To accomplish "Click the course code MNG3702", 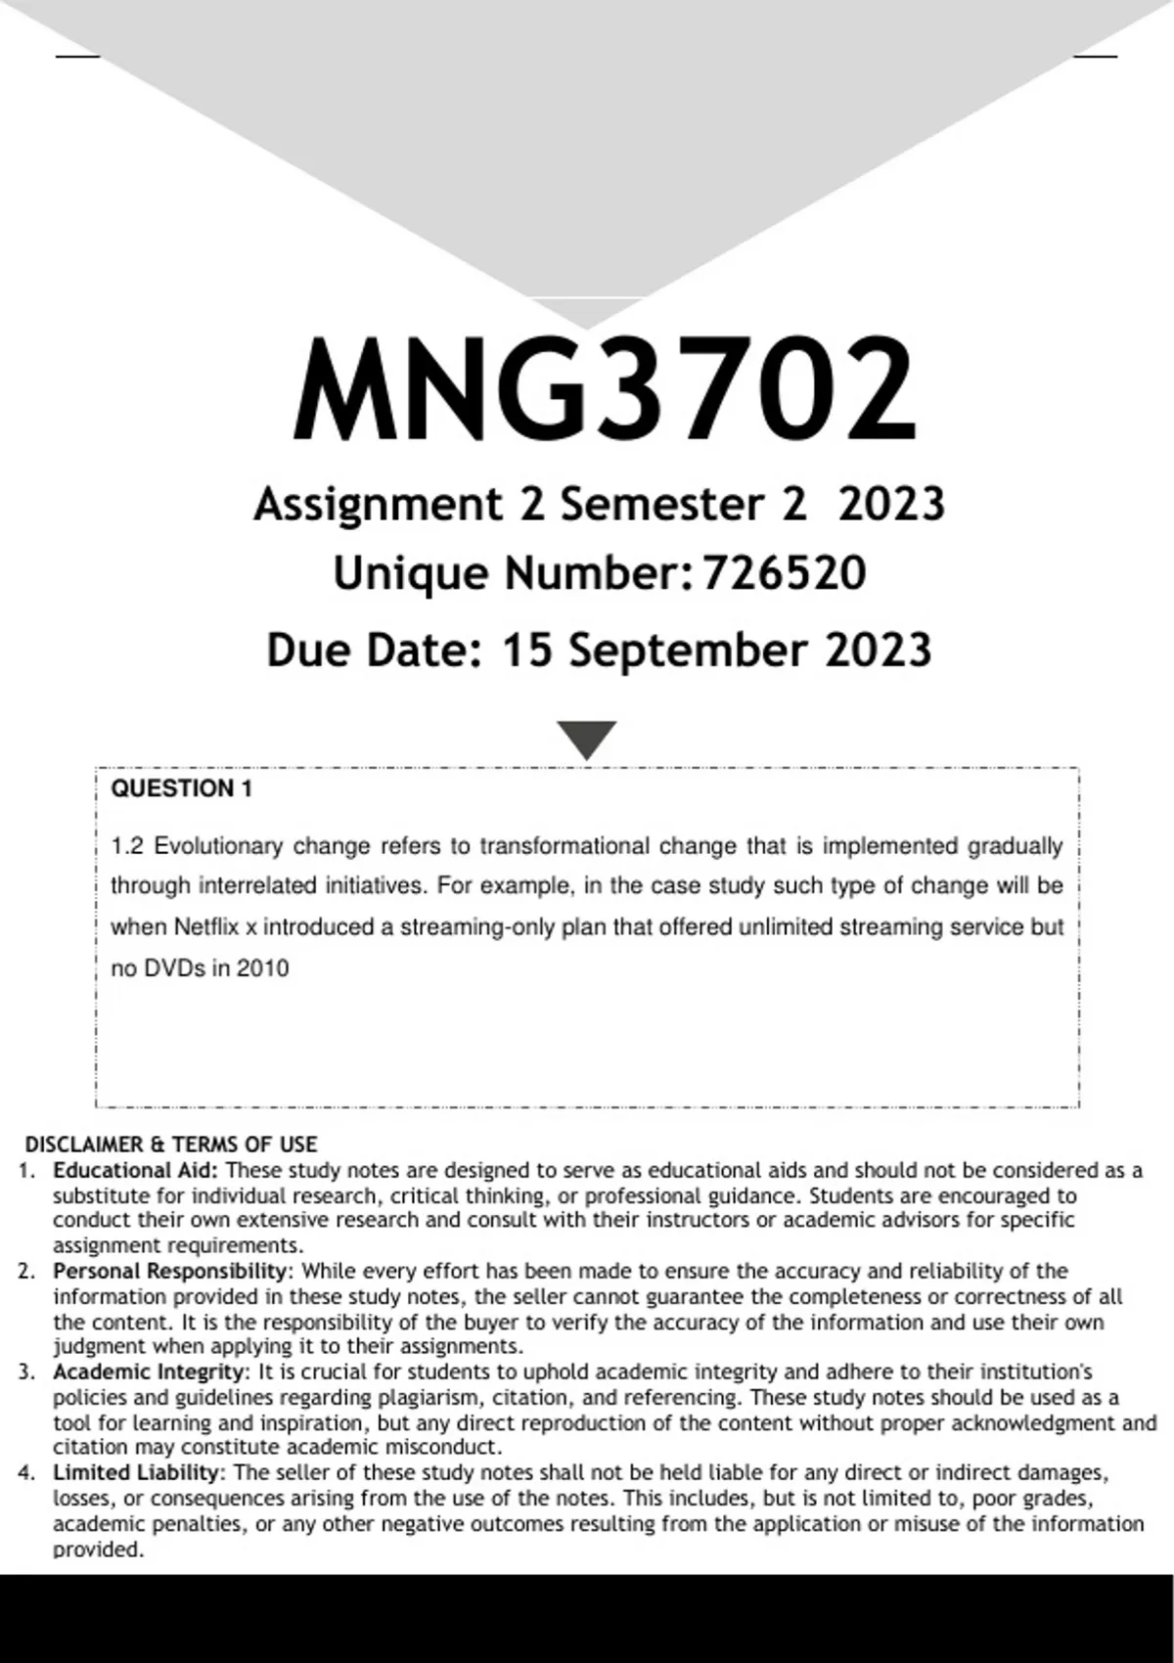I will (x=605, y=389).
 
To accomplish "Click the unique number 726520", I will (x=784, y=573).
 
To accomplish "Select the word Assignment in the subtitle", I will (x=378, y=505).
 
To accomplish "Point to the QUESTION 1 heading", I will (x=181, y=789).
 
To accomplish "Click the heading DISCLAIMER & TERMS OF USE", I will (x=171, y=1145).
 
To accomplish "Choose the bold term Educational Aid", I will (x=136, y=1171).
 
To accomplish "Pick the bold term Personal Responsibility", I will (x=171, y=1272).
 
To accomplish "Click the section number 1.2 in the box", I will (x=127, y=846).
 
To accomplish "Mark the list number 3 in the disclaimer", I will (x=25, y=1372).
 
